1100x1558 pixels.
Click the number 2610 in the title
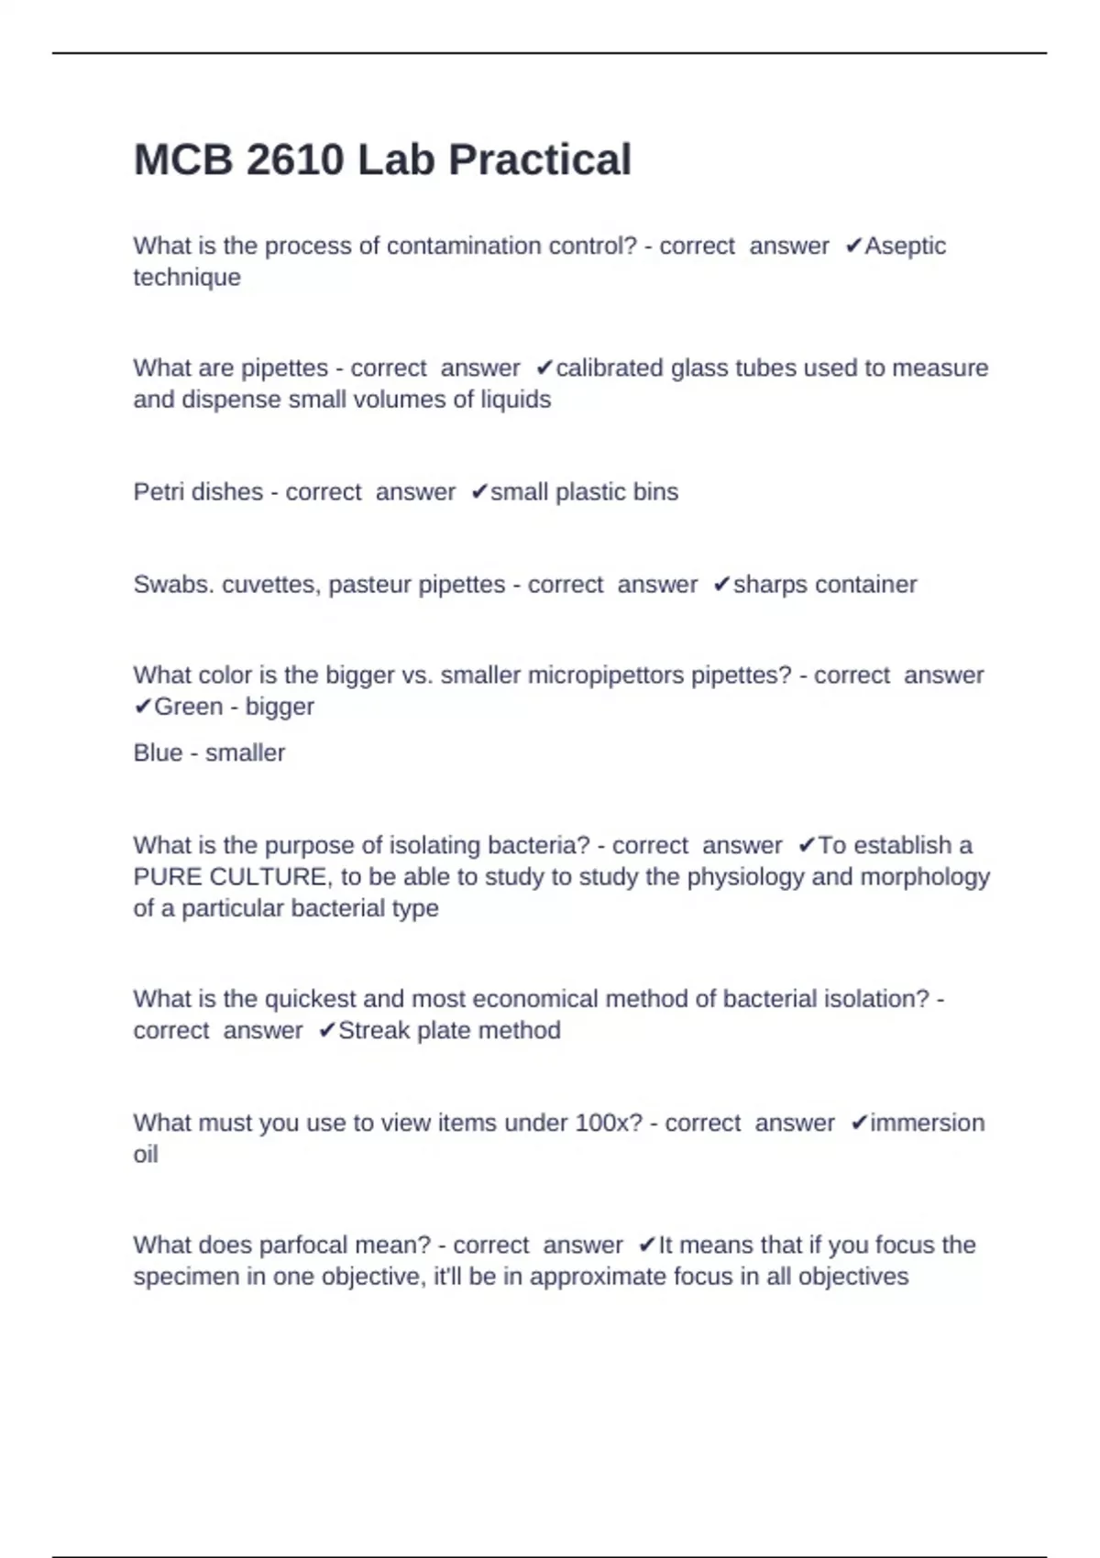click(x=294, y=159)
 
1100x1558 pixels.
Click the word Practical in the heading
click(x=540, y=159)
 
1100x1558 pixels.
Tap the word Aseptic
click(x=906, y=246)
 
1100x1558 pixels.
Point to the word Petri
click(x=159, y=491)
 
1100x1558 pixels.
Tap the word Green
click(x=188, y=706)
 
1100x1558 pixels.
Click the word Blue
click(x=158, y=752)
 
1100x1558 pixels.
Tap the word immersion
click(x=927, y=1123)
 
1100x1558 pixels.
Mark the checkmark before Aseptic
click(x=853, y=246)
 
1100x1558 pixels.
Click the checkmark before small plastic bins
click(x=478, y=491)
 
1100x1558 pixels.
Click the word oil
click(x=145, y=1154)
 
